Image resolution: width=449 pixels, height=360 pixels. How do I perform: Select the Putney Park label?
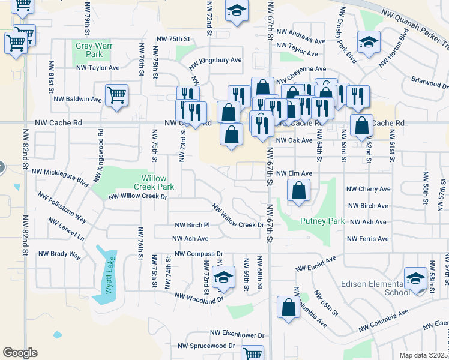click(322, 221)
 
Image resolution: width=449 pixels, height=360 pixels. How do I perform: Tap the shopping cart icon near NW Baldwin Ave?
click(116, 94)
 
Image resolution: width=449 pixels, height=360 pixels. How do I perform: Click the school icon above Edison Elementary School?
click(415, 278)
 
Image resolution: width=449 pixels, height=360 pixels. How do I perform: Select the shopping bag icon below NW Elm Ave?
click(298, 191)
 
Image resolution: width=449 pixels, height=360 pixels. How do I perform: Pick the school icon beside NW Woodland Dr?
click(223, 278)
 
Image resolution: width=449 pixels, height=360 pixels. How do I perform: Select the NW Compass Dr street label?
click(199, 254)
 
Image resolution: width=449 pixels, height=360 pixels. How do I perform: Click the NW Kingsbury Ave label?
click(215, 61)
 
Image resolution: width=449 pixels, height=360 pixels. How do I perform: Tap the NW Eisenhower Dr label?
click(237, 334)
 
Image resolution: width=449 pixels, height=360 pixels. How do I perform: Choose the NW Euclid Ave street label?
click(315, 265)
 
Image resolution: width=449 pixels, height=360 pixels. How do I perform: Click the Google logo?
click(20, 353)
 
